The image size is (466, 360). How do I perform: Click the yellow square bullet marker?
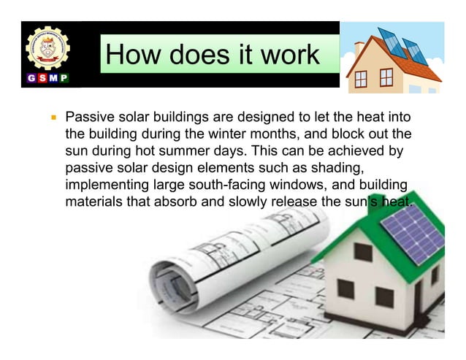(52, 116)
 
